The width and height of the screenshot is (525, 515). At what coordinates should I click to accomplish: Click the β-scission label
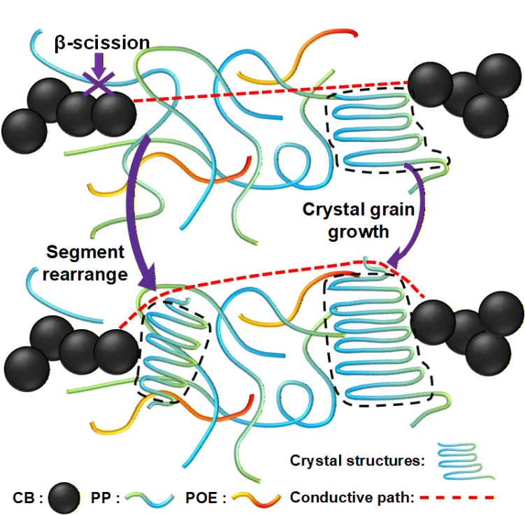tap(101, 43)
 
